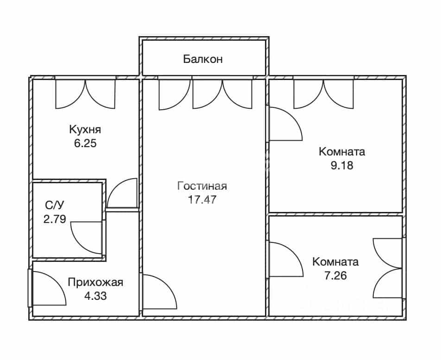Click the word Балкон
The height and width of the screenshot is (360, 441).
(203, 59)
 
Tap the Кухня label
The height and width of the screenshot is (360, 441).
(85, 130)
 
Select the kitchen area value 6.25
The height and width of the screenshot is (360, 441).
(85, 143)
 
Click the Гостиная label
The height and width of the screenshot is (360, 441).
(202, 186)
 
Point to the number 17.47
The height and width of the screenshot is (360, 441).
(202, 200)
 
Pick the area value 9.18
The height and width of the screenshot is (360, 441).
(342, 166)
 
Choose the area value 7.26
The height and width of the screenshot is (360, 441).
(335, 276)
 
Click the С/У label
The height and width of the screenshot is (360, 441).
(55, 205)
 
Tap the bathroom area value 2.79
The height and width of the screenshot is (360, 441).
(55, 219)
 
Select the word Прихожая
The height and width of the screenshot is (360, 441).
(95, 282)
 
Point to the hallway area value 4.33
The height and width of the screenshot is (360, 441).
(95, 296)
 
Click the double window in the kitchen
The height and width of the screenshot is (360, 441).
(86, 94)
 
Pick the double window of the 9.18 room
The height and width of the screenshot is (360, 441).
(324, 94)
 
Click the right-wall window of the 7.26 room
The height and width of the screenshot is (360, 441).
(388, 268)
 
